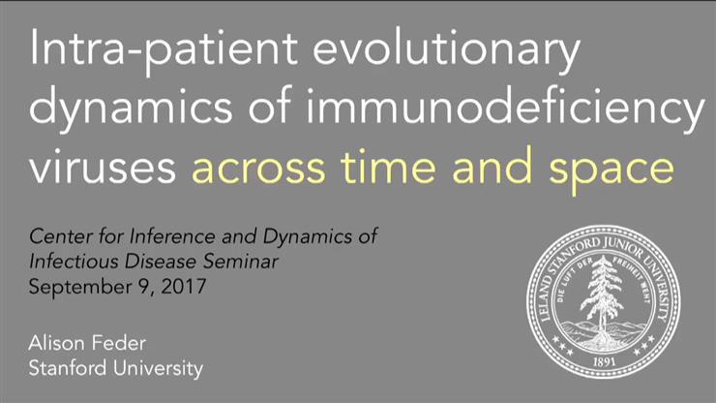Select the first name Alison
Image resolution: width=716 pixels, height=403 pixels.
click(55, 344)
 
